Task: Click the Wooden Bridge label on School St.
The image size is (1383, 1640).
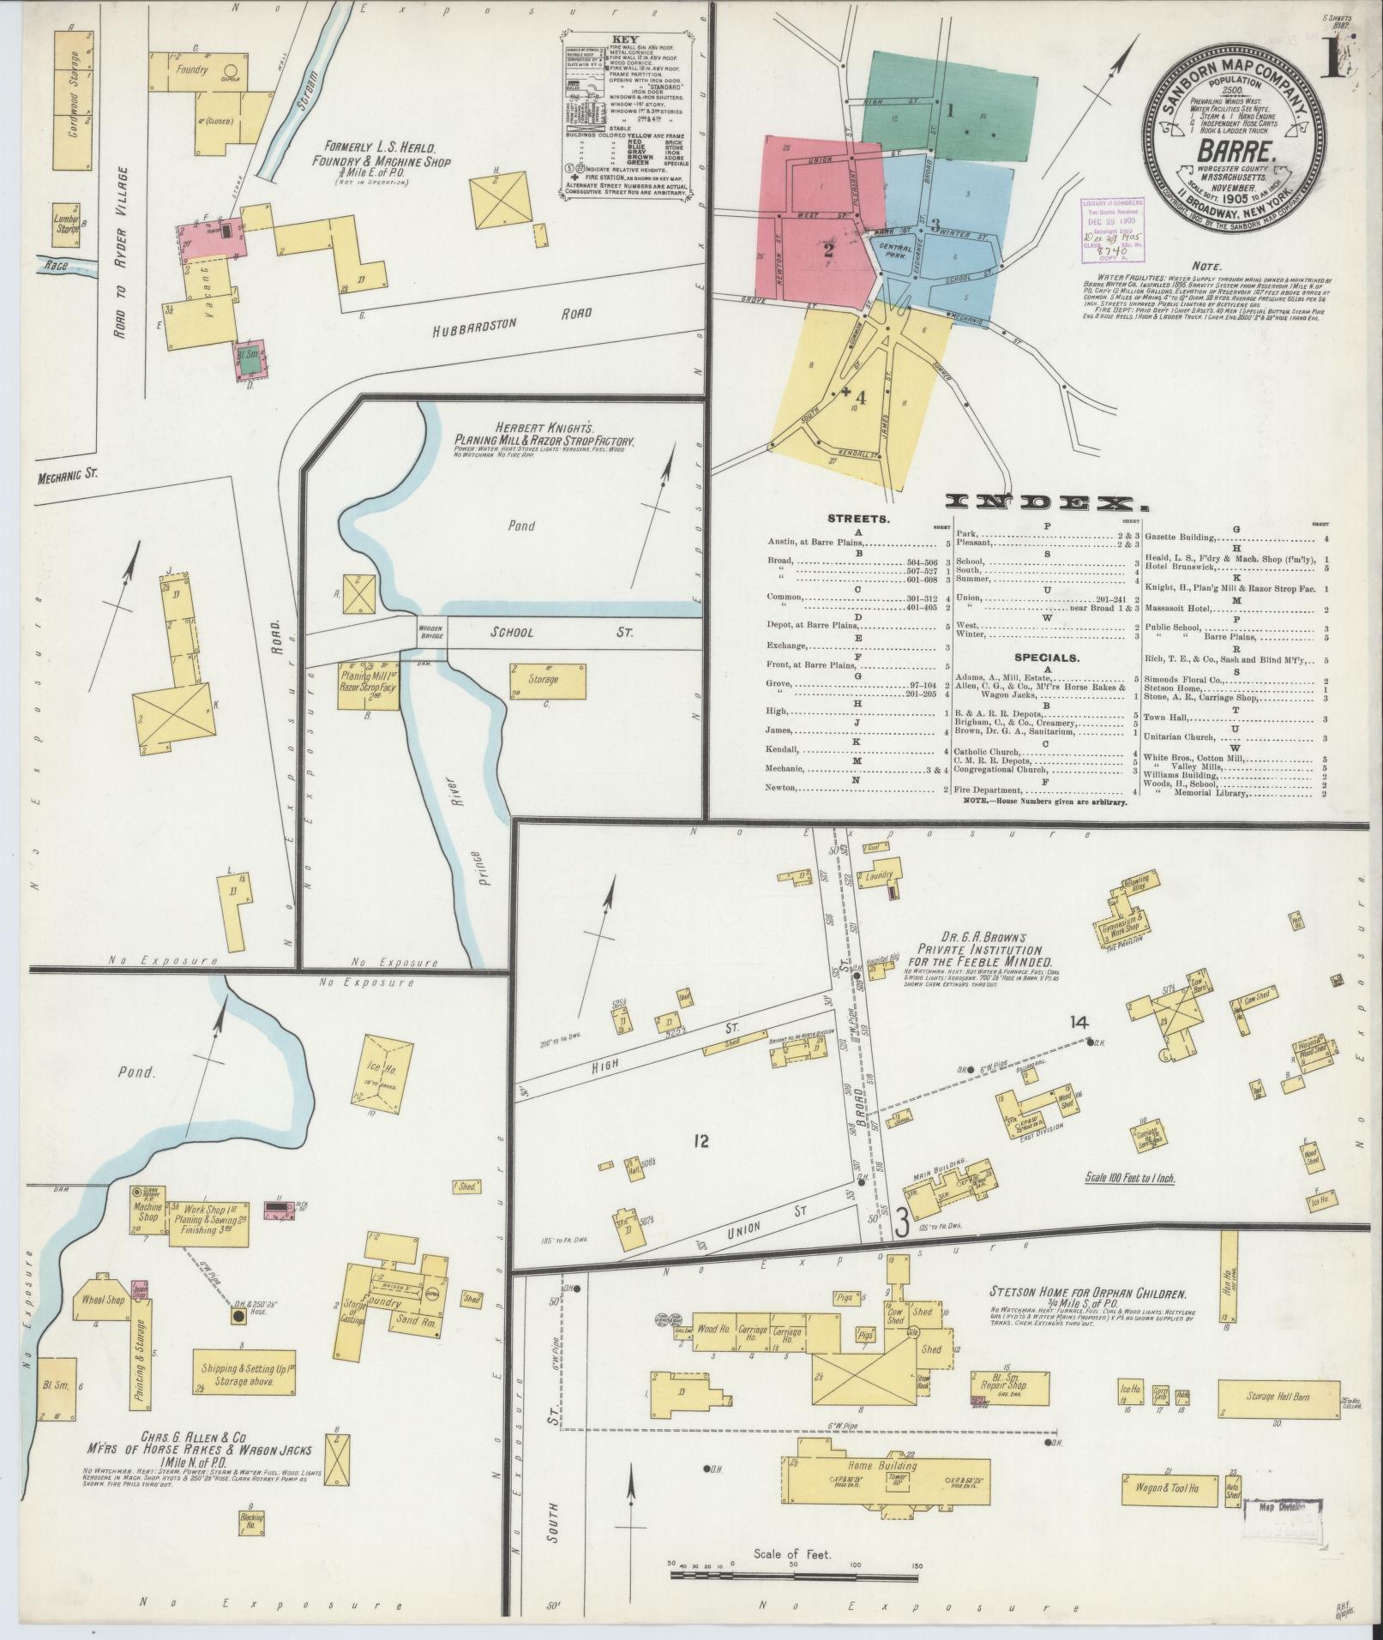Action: coord(430,632)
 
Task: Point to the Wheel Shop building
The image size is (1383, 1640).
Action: coord(103,1324)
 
